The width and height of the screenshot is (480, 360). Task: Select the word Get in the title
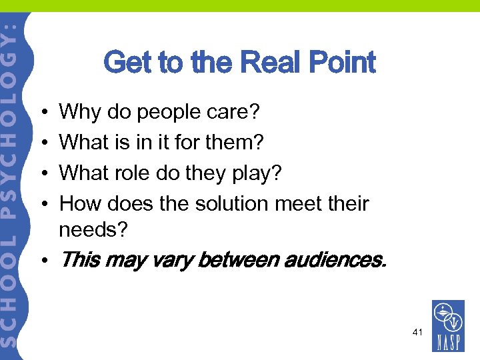coord(127,63)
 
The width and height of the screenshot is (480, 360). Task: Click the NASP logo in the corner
coord(449,325)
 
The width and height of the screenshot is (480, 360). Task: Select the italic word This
coord(80,259)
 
